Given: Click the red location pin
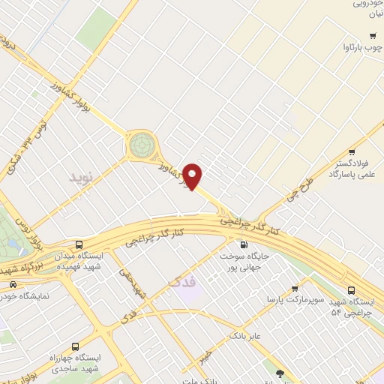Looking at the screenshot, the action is (x=193, y=176).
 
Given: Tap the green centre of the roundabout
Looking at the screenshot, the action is (x=140, y=144).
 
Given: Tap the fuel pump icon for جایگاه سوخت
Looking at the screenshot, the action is (x=242, y=244).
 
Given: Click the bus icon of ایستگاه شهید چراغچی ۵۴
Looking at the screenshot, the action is (x=352, y=291).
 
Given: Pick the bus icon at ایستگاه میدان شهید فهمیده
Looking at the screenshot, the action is (x=79, y=244).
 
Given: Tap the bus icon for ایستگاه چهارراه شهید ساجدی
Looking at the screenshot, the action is (x=75, y=346).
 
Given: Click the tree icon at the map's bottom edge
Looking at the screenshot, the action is (x=280, y=373).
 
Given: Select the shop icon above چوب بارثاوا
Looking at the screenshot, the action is (x=373, y=36).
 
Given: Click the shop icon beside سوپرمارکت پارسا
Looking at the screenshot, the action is (x=295, y=286).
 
